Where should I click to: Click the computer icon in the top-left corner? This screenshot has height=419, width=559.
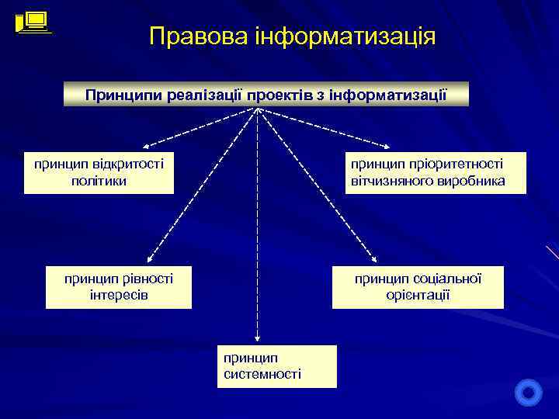point(33,22)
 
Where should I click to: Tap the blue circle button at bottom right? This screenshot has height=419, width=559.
point(529,392)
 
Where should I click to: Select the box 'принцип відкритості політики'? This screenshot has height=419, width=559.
point(99,172)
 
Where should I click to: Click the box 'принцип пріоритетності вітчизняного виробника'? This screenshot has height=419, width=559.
point(427,172)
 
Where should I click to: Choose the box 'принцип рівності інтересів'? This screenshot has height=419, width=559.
point(118,287)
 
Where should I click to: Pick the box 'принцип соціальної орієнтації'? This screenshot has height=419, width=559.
point(418,287)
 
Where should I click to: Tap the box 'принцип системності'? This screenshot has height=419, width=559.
point(277,366)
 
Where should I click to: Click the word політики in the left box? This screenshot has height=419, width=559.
point(98,181)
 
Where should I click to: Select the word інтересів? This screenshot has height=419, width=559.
point(119,296)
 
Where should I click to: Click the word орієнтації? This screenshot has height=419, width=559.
point(418,296)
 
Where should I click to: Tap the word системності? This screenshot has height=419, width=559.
point(262,374)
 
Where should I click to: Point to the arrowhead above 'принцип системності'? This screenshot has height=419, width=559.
point(258,337)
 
